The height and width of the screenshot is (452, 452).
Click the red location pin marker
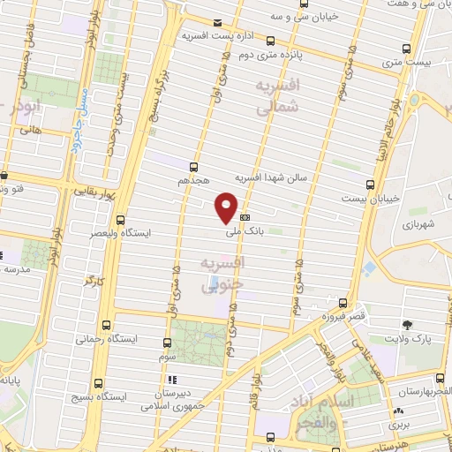tap(227, 206)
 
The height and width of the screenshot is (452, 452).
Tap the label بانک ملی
tap(239, 232)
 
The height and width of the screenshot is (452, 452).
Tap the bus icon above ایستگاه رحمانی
tap(107, 324)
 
